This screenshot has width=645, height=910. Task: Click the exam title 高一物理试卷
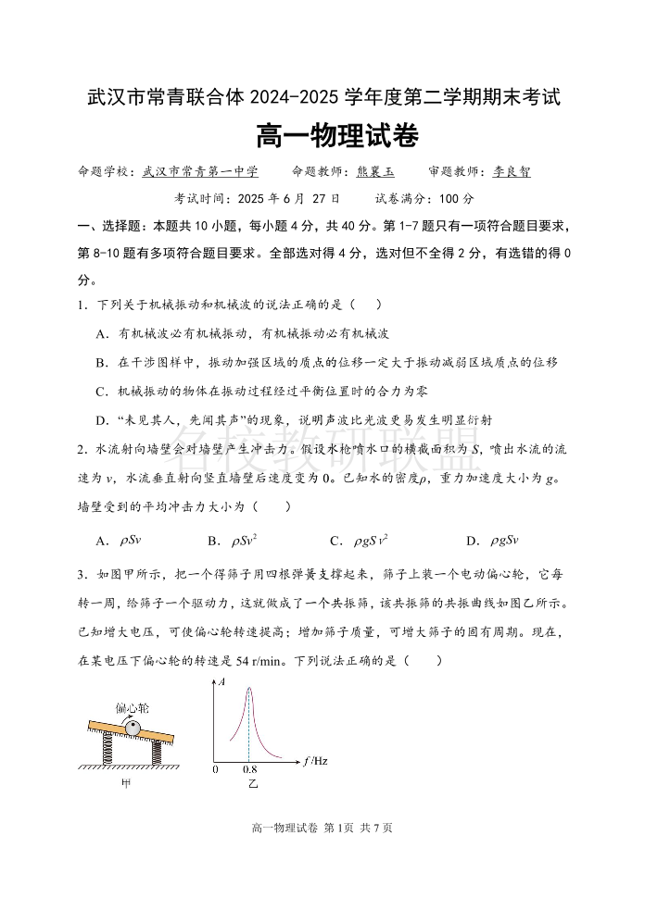click(322, 137)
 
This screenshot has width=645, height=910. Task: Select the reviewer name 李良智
click(512, 171)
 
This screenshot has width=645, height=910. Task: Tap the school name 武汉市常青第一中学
click(199, 171)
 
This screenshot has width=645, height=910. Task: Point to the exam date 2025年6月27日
click(288, 198)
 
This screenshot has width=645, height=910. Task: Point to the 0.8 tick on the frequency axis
click(249, 769)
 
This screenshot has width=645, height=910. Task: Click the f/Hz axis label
click(315, 762)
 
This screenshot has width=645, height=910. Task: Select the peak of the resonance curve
click(248, 687)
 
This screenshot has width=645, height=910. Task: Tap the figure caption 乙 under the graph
click(249, 784)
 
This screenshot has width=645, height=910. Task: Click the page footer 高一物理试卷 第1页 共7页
click(322, 828)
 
